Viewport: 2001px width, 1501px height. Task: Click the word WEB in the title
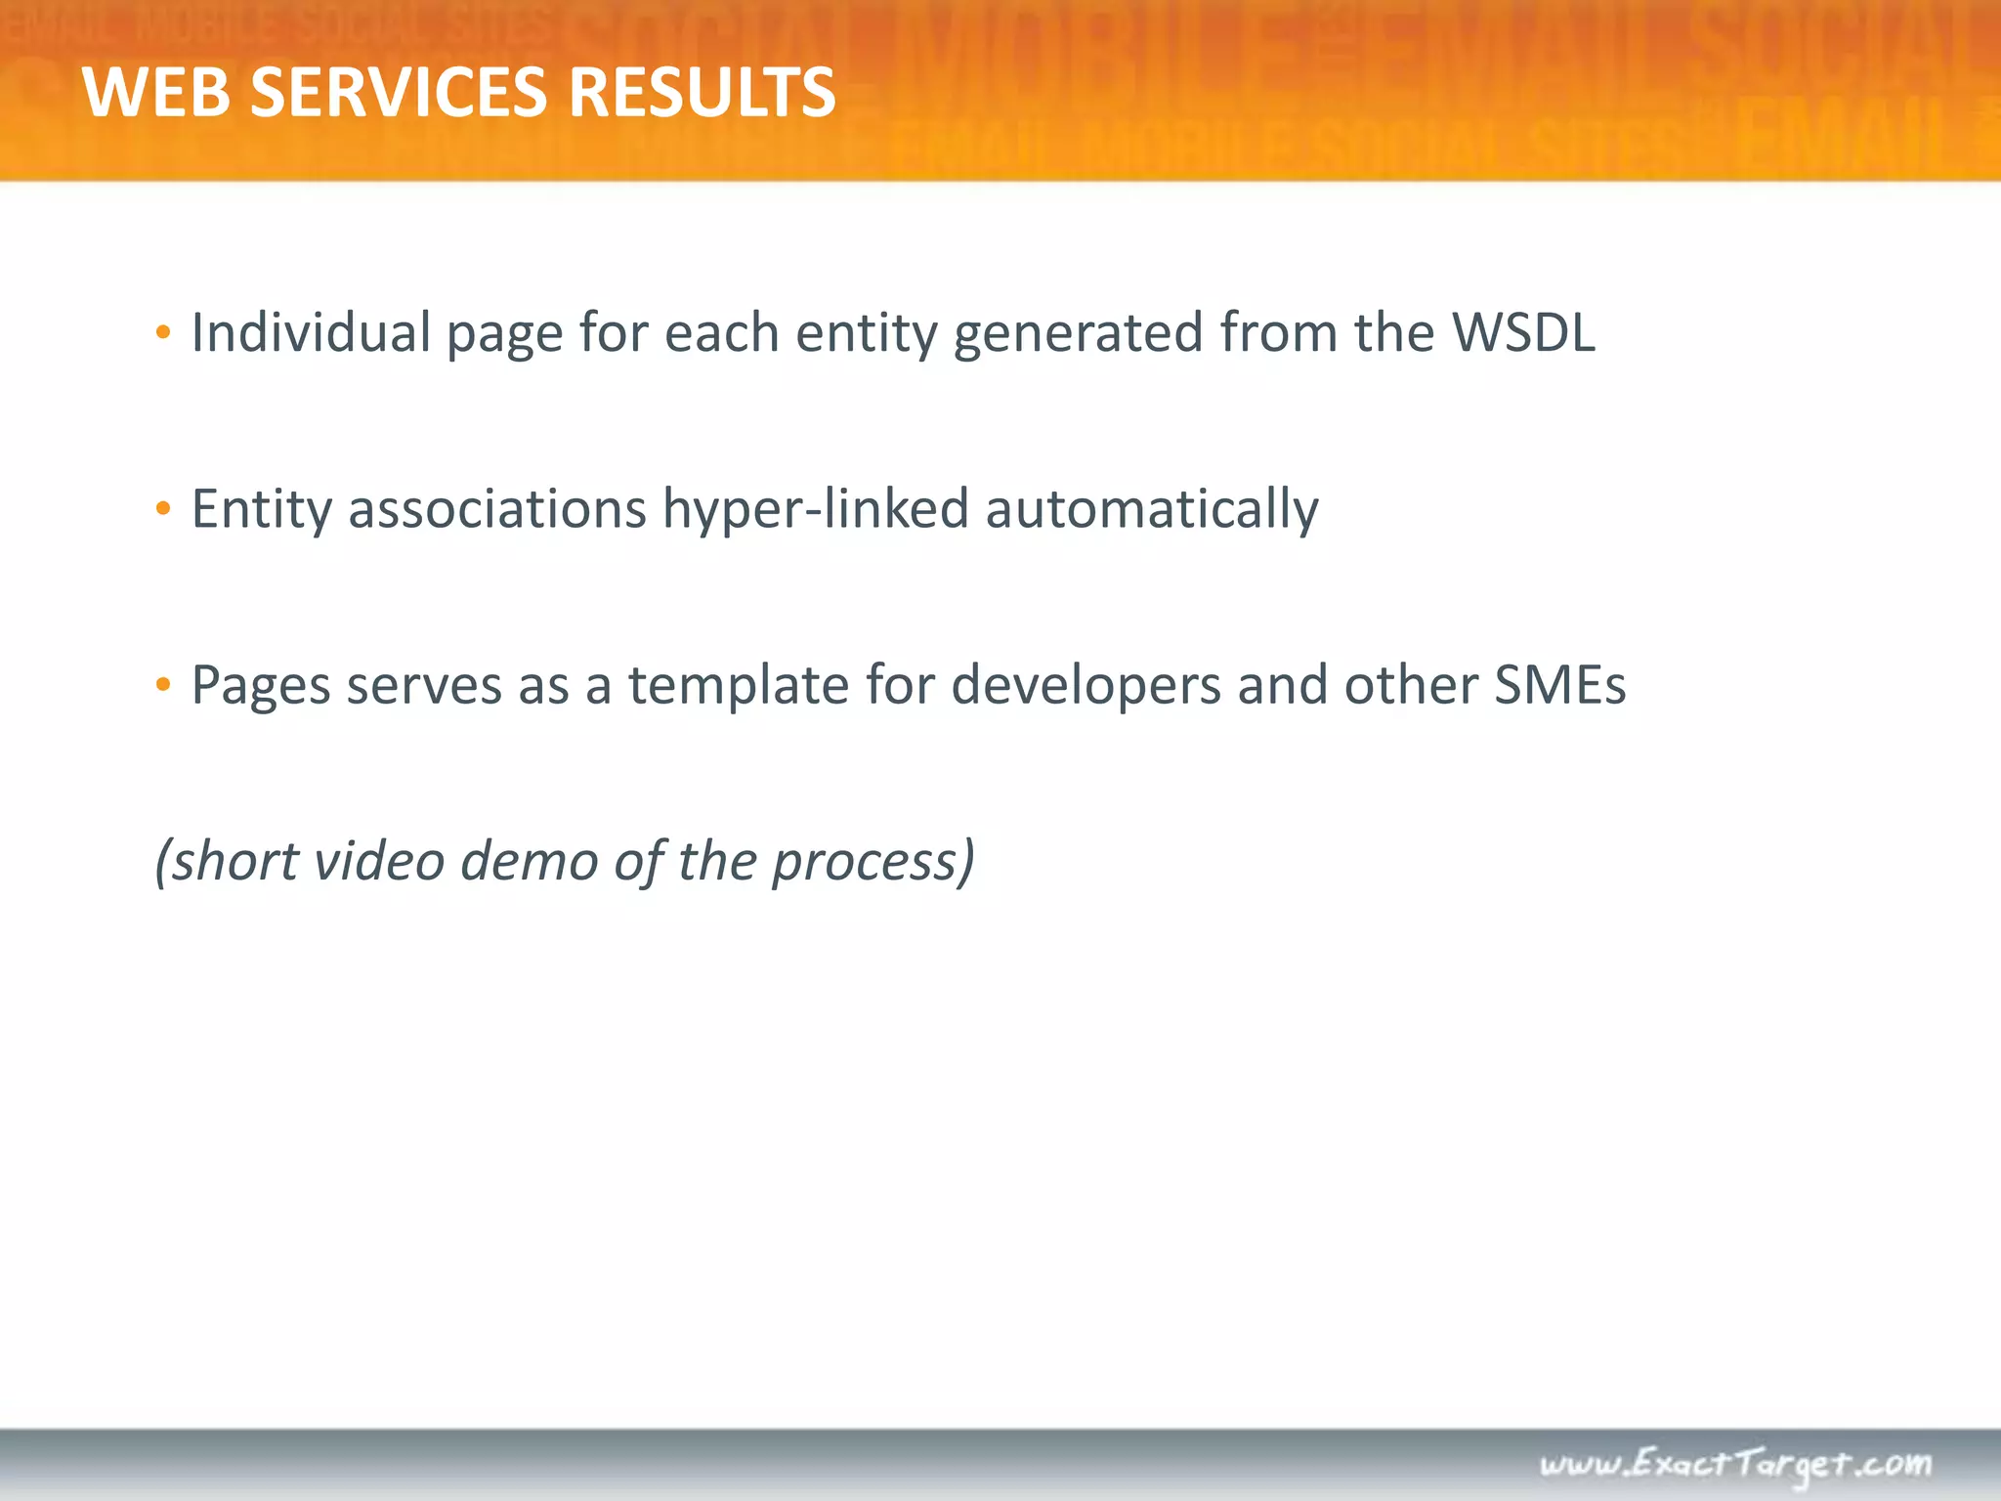[x=156, y=93]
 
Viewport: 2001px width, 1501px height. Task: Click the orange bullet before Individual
[x=163, y=332]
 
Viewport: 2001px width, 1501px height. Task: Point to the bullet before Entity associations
[x=163, y=508]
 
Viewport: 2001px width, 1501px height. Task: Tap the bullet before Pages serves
[x=163, y=684]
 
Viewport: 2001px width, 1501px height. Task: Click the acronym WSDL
[x=1523, y=332]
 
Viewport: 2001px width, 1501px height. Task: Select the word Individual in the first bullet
[x=311, y=332]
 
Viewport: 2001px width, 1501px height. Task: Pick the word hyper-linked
[x=816, y=510]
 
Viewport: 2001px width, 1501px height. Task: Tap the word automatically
[x=1152, y=510]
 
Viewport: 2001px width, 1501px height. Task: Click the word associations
[x=497, y=508]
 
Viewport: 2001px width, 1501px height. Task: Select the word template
[x=738, y=686]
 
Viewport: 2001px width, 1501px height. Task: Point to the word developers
[x=1086, y=686]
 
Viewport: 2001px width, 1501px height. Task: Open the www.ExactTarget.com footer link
[x=1735, y=1465]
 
